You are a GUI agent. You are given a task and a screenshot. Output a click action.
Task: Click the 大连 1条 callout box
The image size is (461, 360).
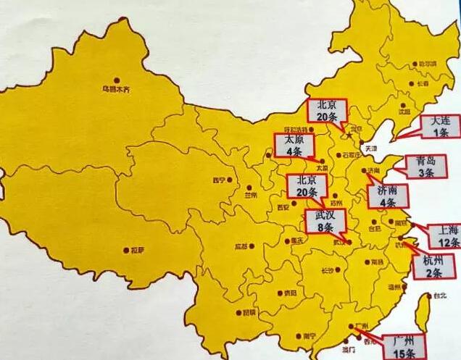pyautogui.click(x=440, y=126)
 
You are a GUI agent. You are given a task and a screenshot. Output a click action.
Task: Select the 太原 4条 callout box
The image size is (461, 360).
pyautogui.click(x=294, y=146)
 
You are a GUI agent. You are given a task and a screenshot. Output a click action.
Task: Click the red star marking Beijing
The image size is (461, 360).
pyautogui.click(x=349, y=135)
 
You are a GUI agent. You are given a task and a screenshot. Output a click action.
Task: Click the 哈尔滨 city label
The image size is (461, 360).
pyautogui.click(x=428, y=64)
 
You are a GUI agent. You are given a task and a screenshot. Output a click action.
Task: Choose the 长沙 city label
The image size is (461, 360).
pyautogui.click(x=328, y=271)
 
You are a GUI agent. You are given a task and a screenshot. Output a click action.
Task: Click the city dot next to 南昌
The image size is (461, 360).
pyautogui.click(x=367, y=261)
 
